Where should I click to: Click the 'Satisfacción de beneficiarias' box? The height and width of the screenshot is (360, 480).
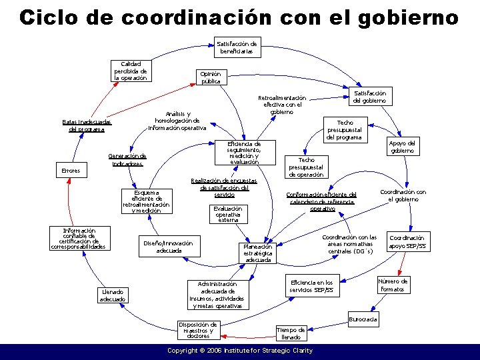point(237,47)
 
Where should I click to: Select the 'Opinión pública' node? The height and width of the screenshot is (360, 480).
point(211,77)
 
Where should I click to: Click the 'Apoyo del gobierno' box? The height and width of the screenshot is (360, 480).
point(403,147)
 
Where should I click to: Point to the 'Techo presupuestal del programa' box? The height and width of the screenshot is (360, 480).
point(345,130)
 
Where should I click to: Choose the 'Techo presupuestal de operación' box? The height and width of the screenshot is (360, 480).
point(306,167)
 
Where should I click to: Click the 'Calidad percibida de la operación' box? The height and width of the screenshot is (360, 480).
point(131,70)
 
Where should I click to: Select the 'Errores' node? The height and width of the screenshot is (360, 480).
point(71,171)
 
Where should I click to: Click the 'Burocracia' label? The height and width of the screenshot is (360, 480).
point(363,319)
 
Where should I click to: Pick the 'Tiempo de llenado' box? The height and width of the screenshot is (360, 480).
point(291,333)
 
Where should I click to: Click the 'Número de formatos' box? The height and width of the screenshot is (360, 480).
point(393,285)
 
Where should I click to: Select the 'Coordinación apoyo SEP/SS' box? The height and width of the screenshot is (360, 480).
point(407,241)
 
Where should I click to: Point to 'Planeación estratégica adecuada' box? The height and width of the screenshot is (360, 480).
point(258,252)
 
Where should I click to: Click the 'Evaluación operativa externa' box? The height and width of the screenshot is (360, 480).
point(228,213)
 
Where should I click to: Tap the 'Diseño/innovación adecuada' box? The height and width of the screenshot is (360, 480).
point(169,247)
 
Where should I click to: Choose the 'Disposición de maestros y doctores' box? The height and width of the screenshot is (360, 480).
point(198,330)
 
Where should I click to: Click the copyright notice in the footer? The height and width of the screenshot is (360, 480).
point(239,350)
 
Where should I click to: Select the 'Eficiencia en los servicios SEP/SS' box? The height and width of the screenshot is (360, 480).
point(312,287)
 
